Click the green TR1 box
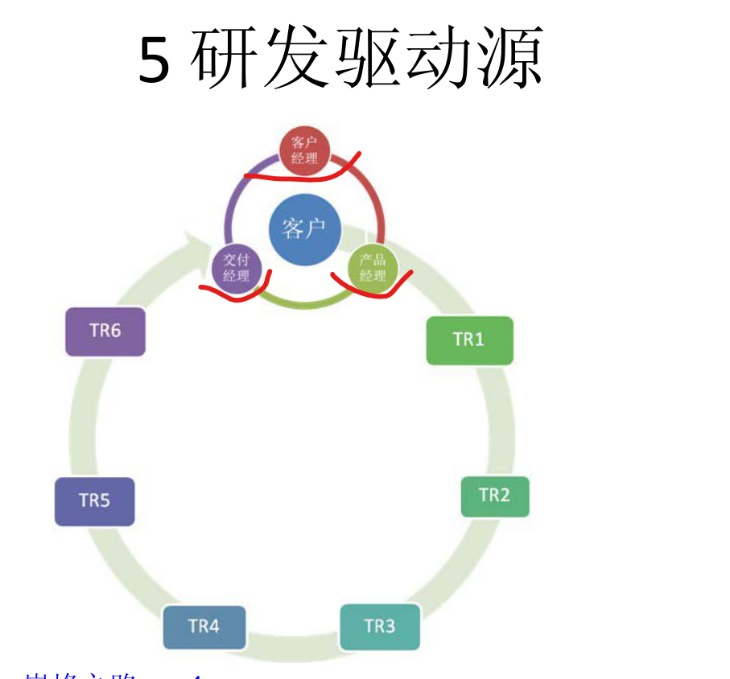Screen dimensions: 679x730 (x=468, y=340)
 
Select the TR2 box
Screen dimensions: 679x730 (x=494, y=496)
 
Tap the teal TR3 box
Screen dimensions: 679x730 (x=379, y=626)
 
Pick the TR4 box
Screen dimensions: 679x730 (x=204, y=626)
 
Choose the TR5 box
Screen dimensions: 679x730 (x=94, y=501)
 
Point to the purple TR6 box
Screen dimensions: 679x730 (x=105, y=331)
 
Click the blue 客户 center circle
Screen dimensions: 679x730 (x=303, y=228)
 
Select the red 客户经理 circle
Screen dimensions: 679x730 (x=304, y=150)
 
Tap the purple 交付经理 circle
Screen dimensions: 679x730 (x=236, y=268)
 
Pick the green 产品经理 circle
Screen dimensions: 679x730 (x=373, y=268)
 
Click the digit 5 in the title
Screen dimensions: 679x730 (x=155, y=61)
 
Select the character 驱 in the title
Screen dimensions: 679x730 (x=367, y=58)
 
